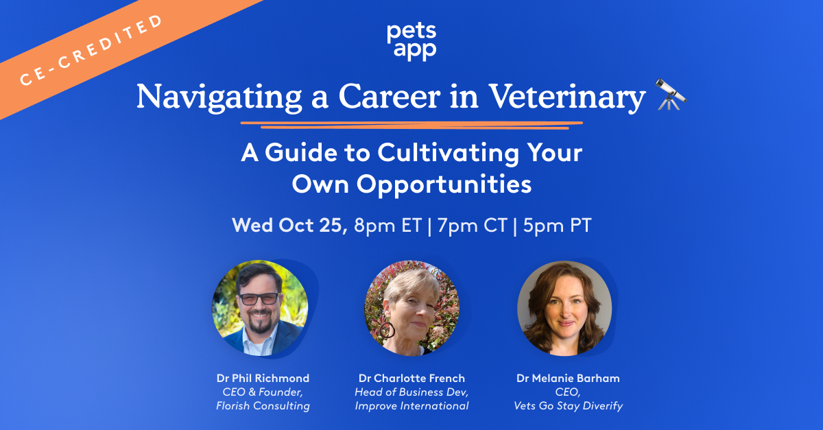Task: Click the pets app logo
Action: [411, 42]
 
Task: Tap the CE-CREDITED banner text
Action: [93, 49]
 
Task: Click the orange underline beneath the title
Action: [411, 124]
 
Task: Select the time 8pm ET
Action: [387, 226]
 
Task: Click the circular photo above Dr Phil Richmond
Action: [261, 309]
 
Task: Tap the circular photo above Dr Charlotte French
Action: [411, 309]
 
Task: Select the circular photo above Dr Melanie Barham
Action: [564, 309]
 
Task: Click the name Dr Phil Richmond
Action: [263, 378]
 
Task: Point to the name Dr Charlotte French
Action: [411, 378]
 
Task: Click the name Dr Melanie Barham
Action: [569, 378]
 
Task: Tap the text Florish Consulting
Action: [263, 406]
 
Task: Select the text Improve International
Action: [411, 406]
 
